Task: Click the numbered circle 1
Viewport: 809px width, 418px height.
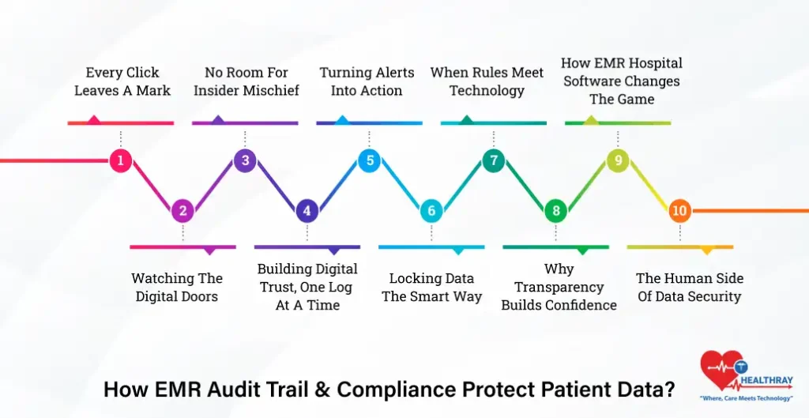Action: point(120,161)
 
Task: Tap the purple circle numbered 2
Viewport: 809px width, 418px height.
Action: point(182,211)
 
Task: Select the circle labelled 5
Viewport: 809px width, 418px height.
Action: point(369,161)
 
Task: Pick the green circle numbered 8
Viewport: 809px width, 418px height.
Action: point(556,211)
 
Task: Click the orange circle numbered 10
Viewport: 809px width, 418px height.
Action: point(679,211)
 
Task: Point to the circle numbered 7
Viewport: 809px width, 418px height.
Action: point(493,161)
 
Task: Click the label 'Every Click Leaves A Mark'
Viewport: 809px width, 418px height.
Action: point(122,81)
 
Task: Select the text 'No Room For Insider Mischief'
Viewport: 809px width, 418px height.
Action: point(246,81)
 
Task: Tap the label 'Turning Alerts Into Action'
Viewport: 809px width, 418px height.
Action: point(367,81)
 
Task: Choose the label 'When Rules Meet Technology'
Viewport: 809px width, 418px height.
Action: point(487,81)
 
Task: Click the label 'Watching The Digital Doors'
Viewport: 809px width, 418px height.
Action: point(177,288)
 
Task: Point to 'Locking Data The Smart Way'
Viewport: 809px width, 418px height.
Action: point(431,288)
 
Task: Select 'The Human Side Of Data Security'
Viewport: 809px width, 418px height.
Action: point(690,288)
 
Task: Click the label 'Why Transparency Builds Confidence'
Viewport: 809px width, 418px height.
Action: point(559,287)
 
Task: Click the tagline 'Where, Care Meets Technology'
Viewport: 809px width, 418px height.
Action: point(747,398)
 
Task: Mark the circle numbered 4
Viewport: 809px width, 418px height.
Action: point(307,211)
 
